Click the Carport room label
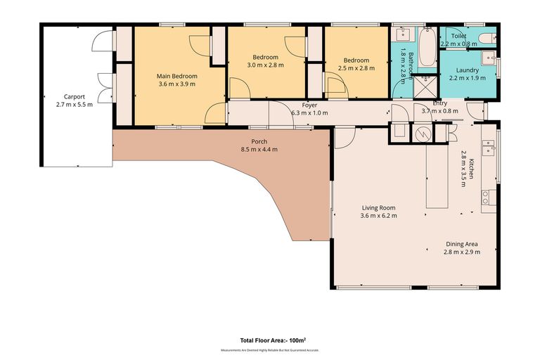coord(74,97)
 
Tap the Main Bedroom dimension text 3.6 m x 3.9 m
coord(176,84)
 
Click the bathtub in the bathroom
coord(426,48)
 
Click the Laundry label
coord(467,70)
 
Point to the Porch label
coord(259,141)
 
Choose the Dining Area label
coord(461,244)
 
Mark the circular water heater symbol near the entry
coord(423,133)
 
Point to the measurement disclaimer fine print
coord(270,349)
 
